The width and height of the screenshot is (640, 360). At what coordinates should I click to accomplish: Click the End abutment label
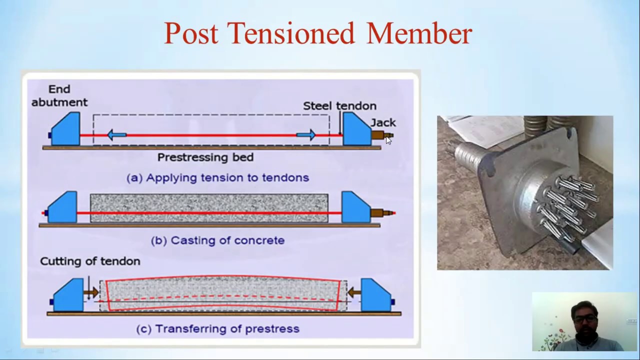tap(59, 95)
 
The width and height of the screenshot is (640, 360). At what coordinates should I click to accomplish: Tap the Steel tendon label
tap(339, 106)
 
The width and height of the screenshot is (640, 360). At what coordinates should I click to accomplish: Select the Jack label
tap(383, 122)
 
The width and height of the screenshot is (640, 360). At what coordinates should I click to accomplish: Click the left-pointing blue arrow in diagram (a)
tap(117, 134)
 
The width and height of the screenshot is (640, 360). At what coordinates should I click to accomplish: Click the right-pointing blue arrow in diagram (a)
tap(305, 134)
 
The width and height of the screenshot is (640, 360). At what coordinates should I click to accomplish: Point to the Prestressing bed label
tap(205, 157)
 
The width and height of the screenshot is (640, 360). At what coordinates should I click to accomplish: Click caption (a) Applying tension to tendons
tap(217, 177)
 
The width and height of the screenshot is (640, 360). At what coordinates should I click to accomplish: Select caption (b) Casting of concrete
tap(217, 240)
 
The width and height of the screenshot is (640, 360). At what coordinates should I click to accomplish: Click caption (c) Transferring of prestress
tap(217, 328)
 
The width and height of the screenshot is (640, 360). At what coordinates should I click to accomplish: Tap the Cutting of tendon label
tap(90, 261)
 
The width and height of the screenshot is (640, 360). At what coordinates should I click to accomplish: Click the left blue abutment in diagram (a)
tap(66, 131)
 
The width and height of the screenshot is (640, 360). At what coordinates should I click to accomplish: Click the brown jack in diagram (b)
tap(379, 213)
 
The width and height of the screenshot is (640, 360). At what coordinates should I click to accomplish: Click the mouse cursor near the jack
tap(388, 140)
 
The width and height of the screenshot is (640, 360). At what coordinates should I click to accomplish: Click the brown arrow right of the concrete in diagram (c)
tap(354, 291)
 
